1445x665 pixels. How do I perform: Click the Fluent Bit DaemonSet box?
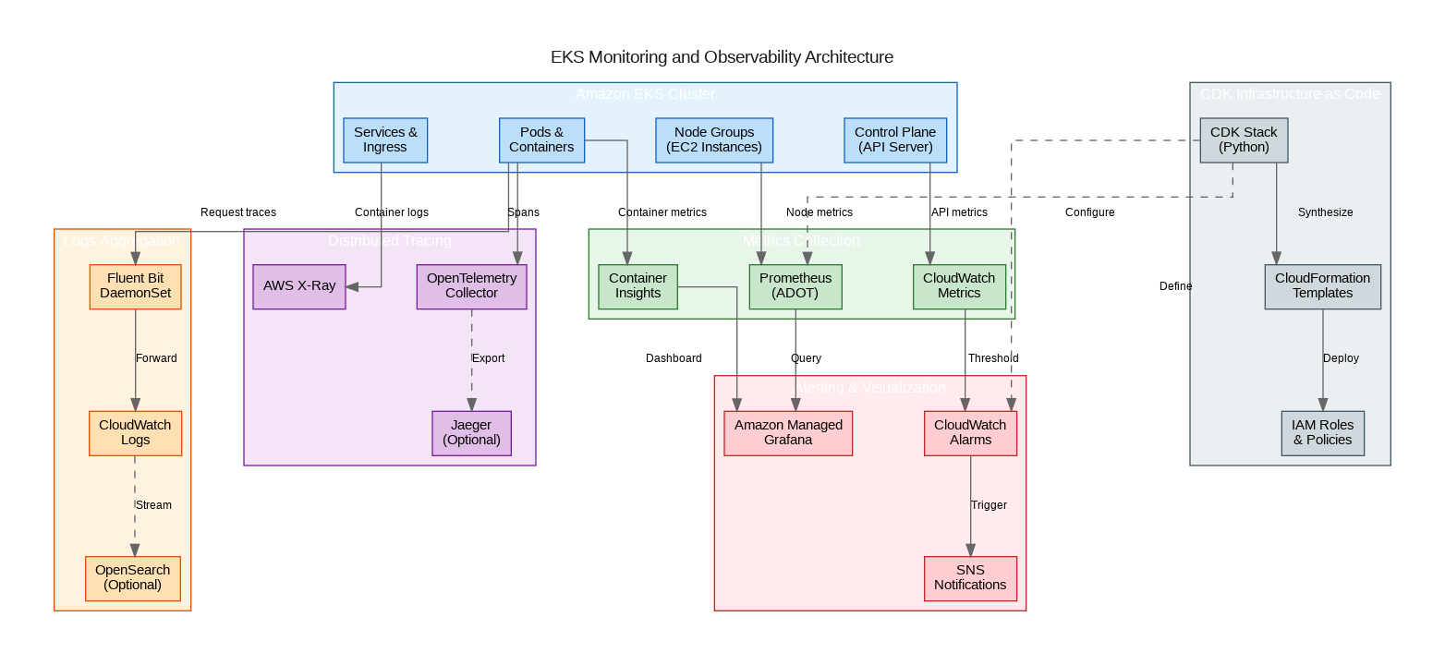point(135,285)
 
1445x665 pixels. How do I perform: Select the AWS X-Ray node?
point(299,285)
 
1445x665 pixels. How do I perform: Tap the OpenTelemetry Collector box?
point(471,285)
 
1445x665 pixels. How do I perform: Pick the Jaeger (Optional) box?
point(471,432)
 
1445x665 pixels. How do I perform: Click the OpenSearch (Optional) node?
point(133,577)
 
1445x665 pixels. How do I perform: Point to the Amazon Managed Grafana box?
point(788,432)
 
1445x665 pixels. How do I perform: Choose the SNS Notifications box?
point(970,577)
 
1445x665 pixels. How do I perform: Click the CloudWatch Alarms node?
point(970,432)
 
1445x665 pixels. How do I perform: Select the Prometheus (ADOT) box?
point(795,285)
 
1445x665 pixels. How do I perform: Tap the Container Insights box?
point(637,285)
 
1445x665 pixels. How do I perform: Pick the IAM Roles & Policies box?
point(1322,432)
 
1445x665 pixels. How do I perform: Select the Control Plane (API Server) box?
point(896,139)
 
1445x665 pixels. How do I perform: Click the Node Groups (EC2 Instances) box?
point(714,139)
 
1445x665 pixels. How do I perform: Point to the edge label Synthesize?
point(1325,212)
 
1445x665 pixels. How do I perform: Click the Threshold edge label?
point(993,358)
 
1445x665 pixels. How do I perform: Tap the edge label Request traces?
point(238,212)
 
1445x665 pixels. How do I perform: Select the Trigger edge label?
point(989,505)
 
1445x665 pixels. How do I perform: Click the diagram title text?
point(722,57)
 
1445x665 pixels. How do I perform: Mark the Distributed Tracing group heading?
point(389,241)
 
